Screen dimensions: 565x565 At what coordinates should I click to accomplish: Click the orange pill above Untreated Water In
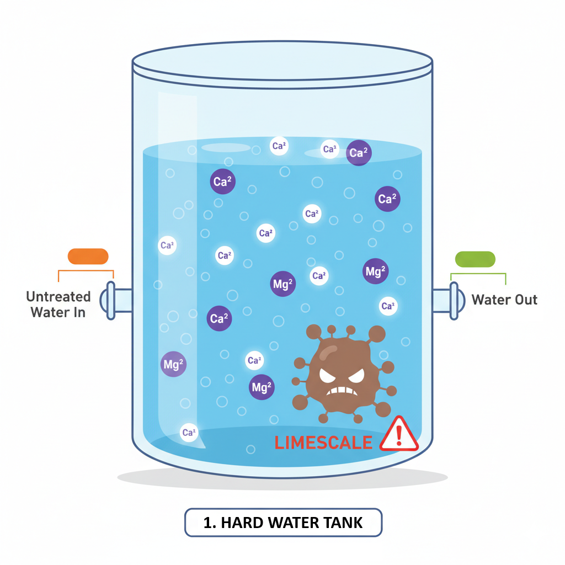click(88, 256)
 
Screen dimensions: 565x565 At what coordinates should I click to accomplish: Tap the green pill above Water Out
click(475, 259)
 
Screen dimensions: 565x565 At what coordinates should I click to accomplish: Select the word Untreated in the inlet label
click(58, 297)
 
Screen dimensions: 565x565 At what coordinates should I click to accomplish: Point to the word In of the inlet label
click(79, 312)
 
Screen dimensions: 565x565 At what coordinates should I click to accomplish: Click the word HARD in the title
click(241, 523)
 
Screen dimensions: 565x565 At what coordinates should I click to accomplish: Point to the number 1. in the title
click(210, 523)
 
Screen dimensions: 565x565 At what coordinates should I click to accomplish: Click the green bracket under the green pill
click(478, 274)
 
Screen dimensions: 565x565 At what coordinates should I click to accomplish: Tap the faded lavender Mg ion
click(173, 364)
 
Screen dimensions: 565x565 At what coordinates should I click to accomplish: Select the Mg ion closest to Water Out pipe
click(376, 271)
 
